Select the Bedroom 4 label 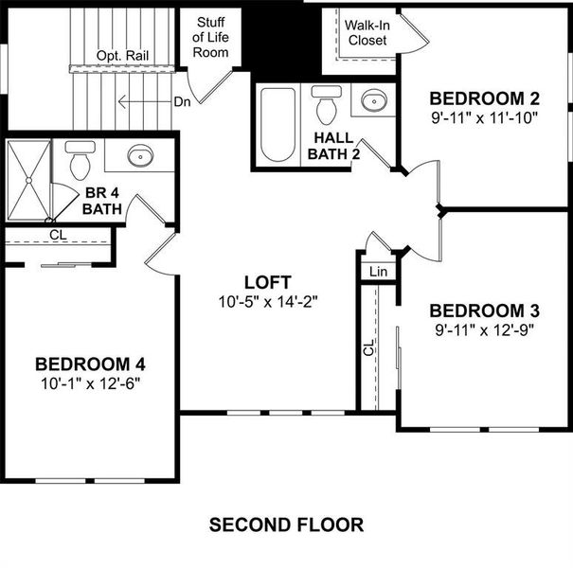pos(90,364)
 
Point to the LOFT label pos(266,282)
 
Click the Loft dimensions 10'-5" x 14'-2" pos(266,302)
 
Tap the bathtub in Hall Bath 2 pos(278,124)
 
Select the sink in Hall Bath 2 pos(373,100)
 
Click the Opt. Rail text pos(122,56)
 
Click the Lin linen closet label pos(379,272)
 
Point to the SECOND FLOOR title pos(285,524)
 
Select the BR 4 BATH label pos(102,200)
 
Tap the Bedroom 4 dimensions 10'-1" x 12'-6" pos(90,383)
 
